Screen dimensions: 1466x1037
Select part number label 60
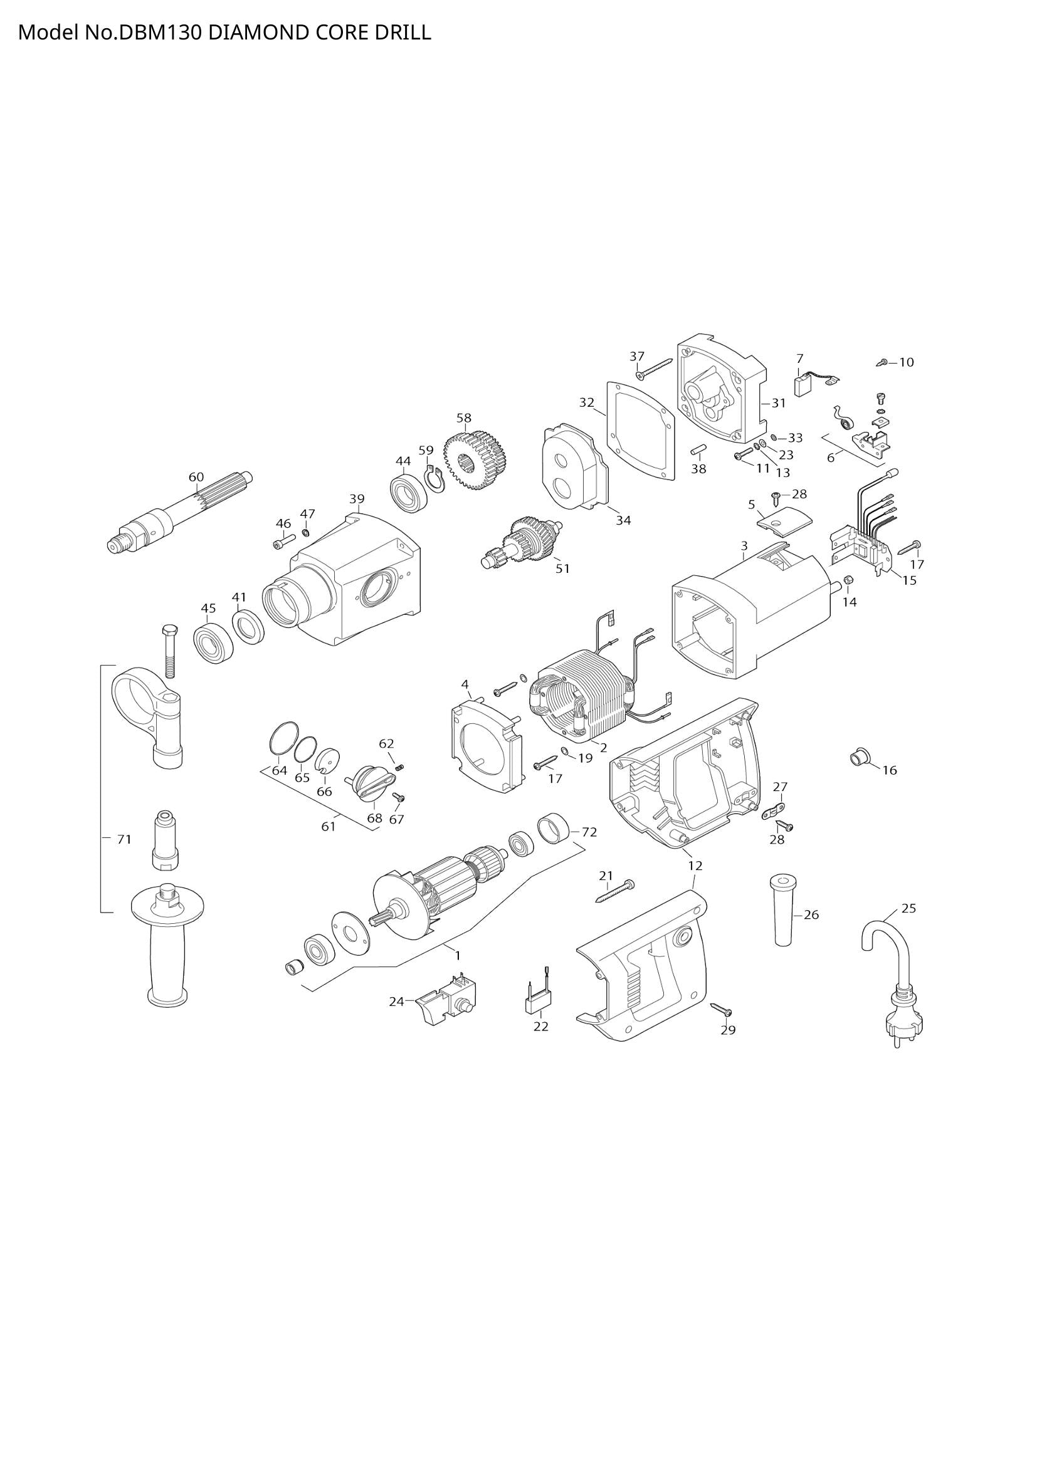click(x=196, y=477)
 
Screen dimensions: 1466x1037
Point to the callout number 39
click(x=357, y=499)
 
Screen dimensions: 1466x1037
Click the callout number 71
click(x=124, y=840)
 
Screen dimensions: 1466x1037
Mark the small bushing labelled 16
click(x=858, y=758)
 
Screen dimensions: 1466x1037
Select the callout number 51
click(x=562, y=568)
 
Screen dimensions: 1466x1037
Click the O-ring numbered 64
click(x=283, y=740)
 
